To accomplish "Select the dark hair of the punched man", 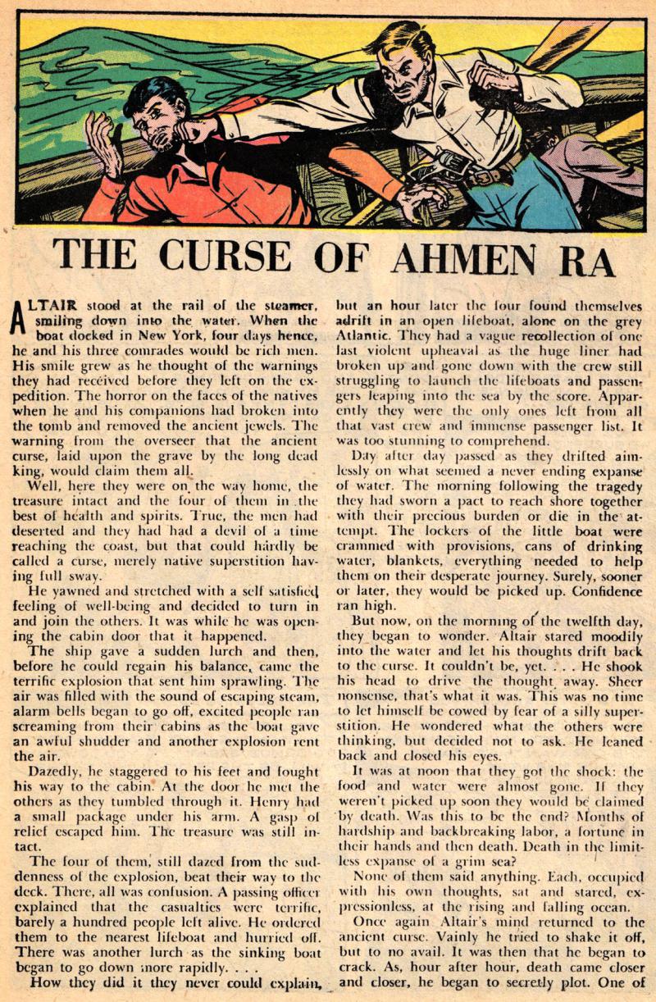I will [152, 94].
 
